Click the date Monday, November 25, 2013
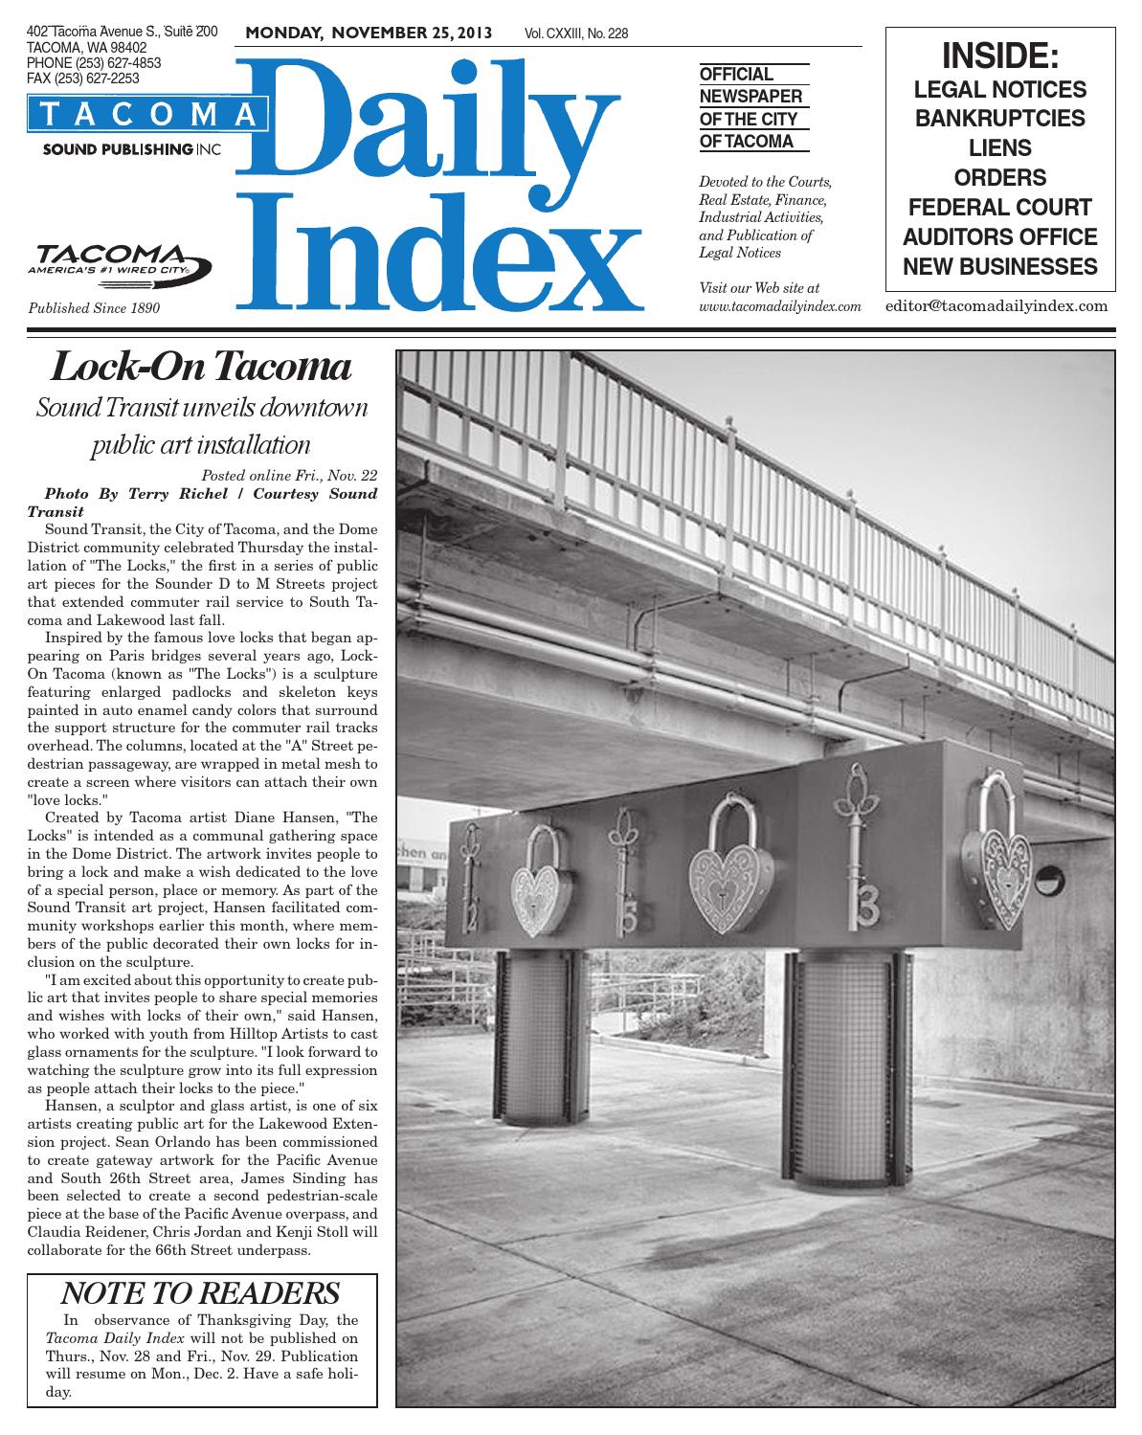click(369, 34)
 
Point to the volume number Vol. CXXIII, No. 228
click(575, 34)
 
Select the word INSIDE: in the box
click(999, 56)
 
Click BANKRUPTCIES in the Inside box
click(999, 119)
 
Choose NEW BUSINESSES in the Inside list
click(999, 266)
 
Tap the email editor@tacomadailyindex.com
click(996, 306)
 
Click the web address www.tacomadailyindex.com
click(780, 307)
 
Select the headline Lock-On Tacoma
click(201, 366)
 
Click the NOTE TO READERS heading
click(200, 1293)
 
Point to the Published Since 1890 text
click(94, 308)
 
